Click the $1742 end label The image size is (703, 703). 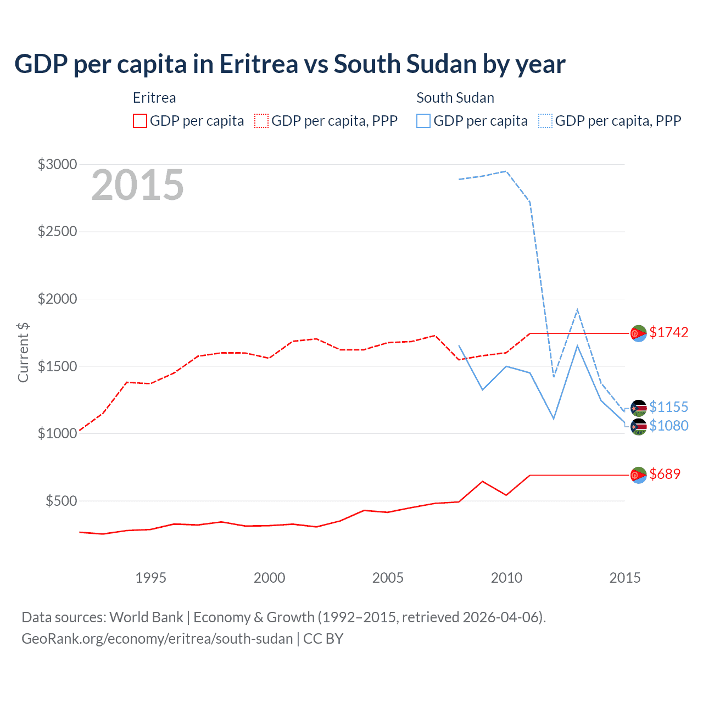(x=668, y=332)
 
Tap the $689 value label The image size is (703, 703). (x=665, y=474)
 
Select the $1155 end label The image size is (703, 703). (x=668, y=407)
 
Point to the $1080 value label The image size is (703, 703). (x=668, y=426)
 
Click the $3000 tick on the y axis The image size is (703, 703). (x=57, y=164)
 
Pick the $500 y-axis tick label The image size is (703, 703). (x=61, y=501)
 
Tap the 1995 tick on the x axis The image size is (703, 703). (x=150, y=578)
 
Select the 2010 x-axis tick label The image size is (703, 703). (x=506, y=578)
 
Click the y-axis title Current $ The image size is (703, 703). (x=23, y=353)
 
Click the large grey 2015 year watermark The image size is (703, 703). (x=137, y=185)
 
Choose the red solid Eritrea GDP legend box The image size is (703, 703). (x=140, y=121)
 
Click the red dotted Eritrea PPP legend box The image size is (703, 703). (x=261, y=121)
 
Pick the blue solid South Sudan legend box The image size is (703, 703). (x=423, y=121)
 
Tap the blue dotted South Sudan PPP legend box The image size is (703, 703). (x=545, y=121)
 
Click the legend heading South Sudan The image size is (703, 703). (x=455, y=98)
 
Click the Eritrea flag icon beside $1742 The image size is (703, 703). (x=638, y=333)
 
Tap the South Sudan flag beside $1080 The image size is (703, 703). (x=638, y=426)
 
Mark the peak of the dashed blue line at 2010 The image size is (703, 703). (x=506, y=171)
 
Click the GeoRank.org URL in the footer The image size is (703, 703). (x=157, y=639)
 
